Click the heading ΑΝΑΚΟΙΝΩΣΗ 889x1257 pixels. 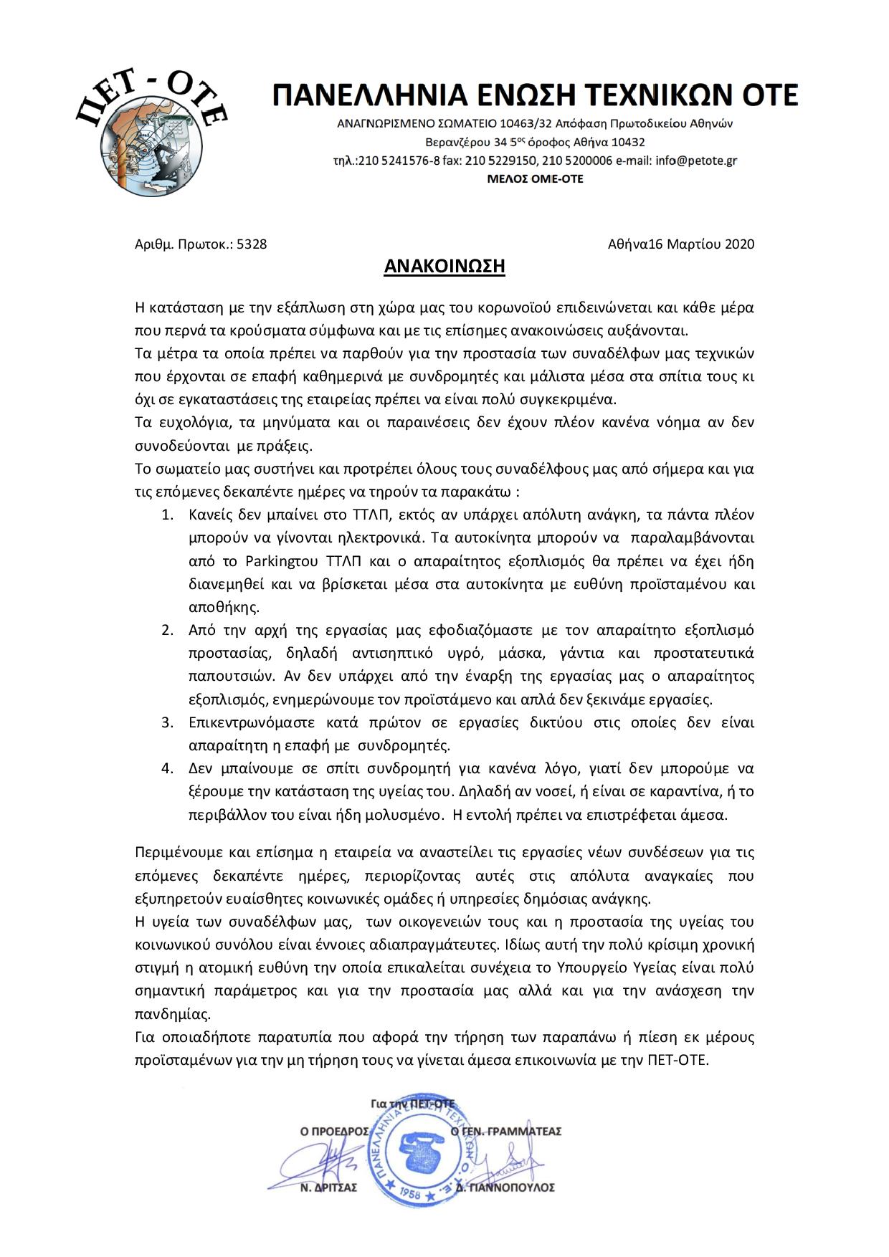coord(444,267)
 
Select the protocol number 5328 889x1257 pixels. coord(252,244)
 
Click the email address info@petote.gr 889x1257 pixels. coord(696,161)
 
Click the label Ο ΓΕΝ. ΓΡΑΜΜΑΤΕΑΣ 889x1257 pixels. coord(505,1132)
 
